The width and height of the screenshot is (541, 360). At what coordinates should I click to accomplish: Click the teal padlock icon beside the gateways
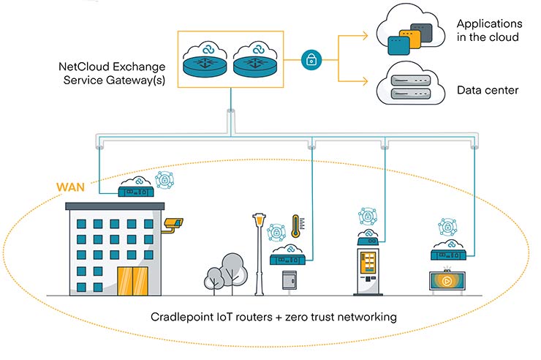(x=310, y=59)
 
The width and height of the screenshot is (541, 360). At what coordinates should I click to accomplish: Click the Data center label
(x=488, y=91)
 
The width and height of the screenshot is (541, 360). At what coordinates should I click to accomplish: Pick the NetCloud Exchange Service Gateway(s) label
(x=110, y=74)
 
